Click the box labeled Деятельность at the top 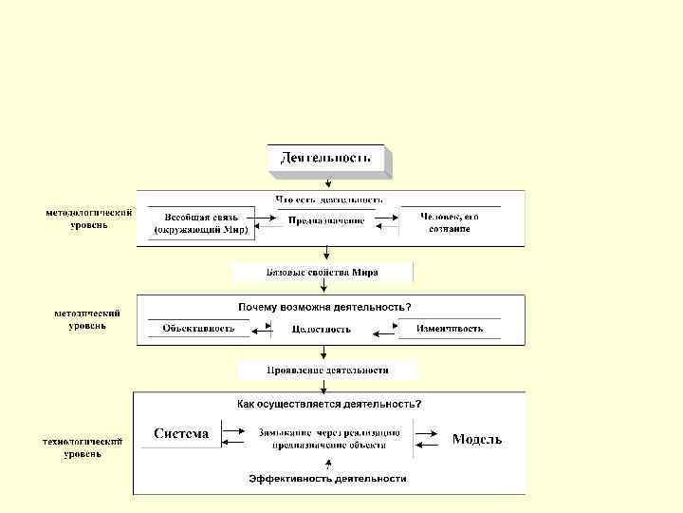pyautogui.click(x=325, y=157)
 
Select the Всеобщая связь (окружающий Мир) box pyautogui.click(x=200, y=223)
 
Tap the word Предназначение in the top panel pyautogui.click(x=325, y=221)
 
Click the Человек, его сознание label pyautogui.click(x=451, y=223)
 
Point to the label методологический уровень pyautogui.click(x=88, y=218)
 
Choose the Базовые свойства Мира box pyautogui.click(x=323, y=273)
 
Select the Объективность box pyautogui.click(x=197, y=329)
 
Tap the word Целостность pyautogui.click(x=321, y=330)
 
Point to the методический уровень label pyautogui.click(x=87, y=319)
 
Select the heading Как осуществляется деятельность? pyautogui.click(x=328, y=404)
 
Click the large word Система pyautogui.click(x=181, y=434)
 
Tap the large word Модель pyautogui.click(x=476, y=439)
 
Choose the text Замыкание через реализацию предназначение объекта pyautogui.click(x=328, y=438)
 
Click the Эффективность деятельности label pyautogui.click(x=327, y=479)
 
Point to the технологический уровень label pyautogui.click(x=83, y=447)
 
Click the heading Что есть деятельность pyautogui.click(x=328, y=199)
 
